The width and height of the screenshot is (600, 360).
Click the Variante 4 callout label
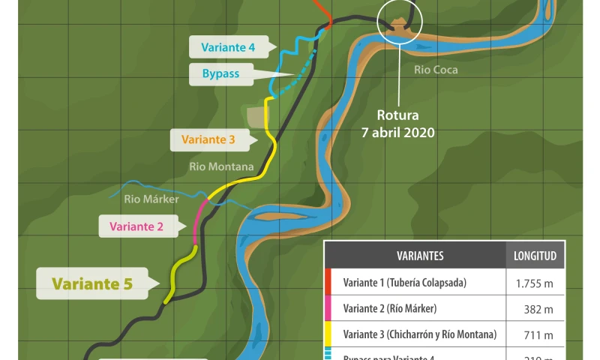coord(228,47)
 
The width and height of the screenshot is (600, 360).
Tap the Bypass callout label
coord(220,73)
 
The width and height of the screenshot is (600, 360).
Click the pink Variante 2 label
coord(136,226)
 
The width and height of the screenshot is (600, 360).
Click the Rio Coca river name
coord(436,70)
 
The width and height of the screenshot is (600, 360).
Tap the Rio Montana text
coord(221,166)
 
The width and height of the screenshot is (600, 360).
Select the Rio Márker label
coord(151,199)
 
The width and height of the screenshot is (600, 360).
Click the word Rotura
coord(399,116)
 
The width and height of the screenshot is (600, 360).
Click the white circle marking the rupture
coord(400,19)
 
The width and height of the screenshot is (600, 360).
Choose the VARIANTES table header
coord(420,256)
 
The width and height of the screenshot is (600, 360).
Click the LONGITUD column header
coord(535,256)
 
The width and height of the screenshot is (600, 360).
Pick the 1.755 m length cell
coord(535,283)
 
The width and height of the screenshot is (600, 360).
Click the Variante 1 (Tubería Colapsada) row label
coord(405,283)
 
